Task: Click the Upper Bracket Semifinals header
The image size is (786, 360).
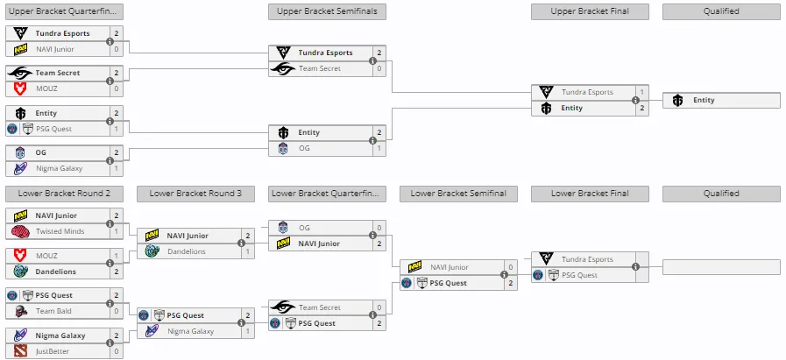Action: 327,11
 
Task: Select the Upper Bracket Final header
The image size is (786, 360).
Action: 590,11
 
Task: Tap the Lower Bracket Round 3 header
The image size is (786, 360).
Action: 195,194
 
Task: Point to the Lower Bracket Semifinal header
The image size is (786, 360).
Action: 458,194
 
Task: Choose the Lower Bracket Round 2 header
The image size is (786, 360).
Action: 64,194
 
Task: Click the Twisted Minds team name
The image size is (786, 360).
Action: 60,231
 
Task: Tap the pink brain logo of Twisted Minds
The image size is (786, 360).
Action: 20,231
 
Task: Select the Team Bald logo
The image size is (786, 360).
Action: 20,311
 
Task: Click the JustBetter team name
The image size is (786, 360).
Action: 53,351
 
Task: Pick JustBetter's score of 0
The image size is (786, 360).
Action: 117,351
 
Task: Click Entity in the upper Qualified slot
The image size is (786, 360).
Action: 704,100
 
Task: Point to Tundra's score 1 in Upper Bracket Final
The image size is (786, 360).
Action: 642,92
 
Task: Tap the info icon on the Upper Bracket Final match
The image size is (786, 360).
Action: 635,100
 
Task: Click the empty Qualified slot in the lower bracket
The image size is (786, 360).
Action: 721,267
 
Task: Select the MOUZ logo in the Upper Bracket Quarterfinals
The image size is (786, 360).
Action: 20,88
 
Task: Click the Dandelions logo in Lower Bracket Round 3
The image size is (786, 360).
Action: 152,251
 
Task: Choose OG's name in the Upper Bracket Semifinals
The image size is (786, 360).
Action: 304,148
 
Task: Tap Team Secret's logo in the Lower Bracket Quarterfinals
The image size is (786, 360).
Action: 283,307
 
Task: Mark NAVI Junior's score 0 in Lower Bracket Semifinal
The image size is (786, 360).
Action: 511,267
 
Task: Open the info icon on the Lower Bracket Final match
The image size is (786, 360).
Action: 635,267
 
